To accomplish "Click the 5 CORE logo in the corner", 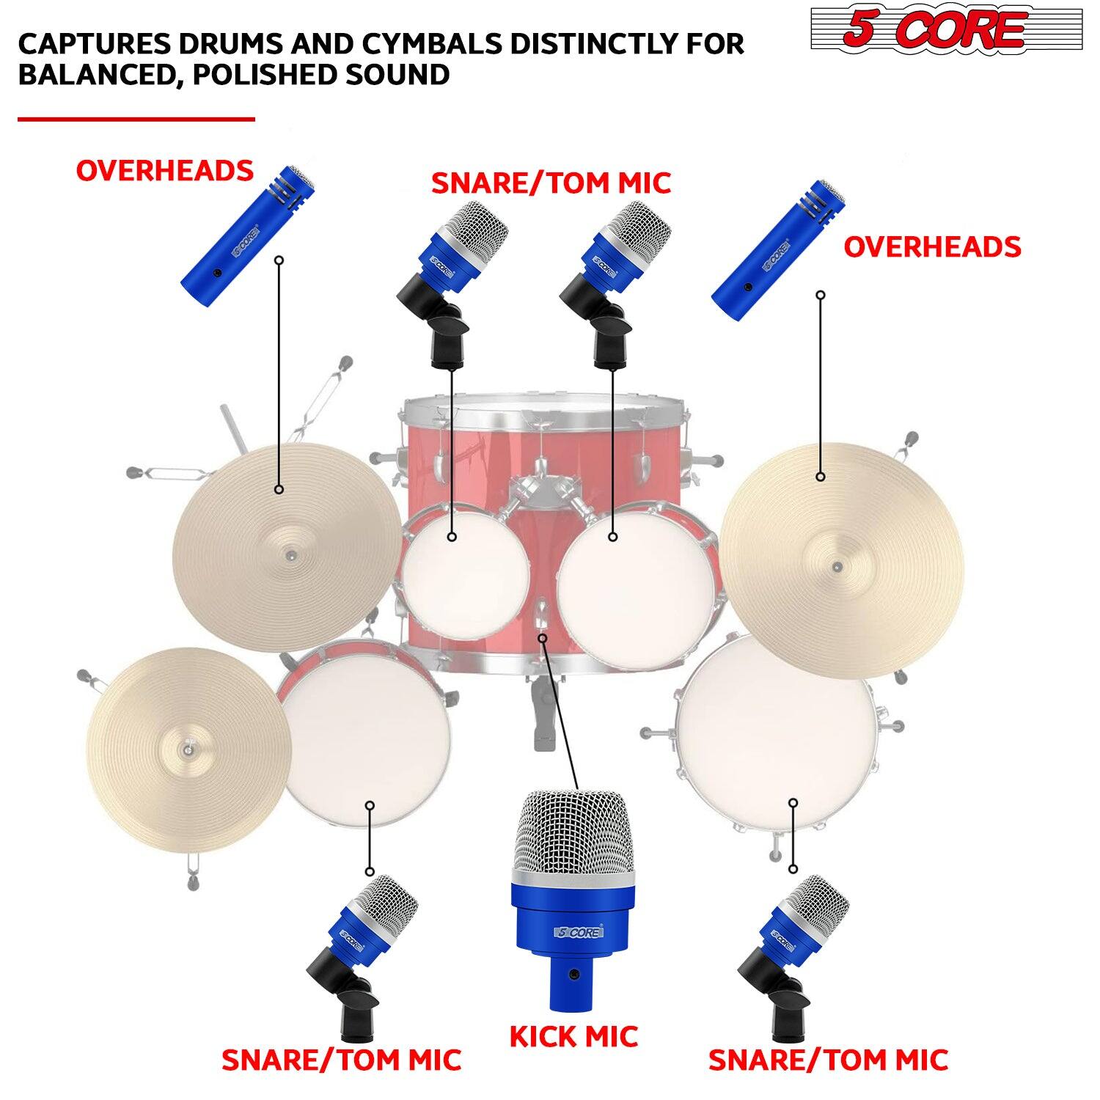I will click(946, 29).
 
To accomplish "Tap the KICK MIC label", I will click(573, 1036).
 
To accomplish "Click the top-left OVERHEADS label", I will click(164, 171).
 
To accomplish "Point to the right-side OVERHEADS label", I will click(932, 247).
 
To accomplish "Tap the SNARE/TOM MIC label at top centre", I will click(551, 183).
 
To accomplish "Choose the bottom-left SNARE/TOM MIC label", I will click(341, 1060).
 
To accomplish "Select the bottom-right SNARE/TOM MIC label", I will click(828, 1060).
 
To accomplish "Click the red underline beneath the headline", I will click(136, 119).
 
